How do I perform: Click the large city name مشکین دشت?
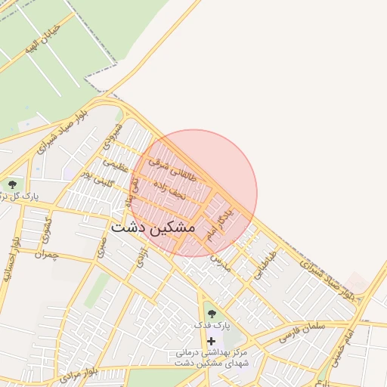click(153, 226)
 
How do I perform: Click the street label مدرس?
click(219, 262)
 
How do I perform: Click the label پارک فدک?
click(210, 325)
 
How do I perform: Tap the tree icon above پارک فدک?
click(210, 311)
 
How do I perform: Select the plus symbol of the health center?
click(211, 341)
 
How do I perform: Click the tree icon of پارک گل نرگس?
click(12, 183)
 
